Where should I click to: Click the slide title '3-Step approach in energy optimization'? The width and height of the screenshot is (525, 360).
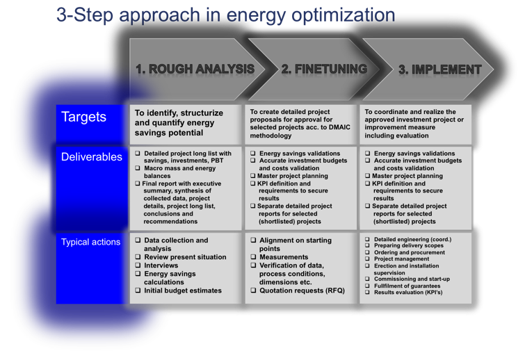[226, 15]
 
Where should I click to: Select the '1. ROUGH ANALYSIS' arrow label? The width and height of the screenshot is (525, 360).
[195, 69]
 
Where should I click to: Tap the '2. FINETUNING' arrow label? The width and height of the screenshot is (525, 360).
[324, 69]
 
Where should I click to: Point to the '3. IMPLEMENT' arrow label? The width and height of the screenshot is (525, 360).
[440, 69]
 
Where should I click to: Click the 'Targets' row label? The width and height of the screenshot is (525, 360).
[83, 117]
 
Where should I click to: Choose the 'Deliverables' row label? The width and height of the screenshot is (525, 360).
[92, 157]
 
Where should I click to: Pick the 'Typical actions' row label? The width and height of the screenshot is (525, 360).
[90, 242]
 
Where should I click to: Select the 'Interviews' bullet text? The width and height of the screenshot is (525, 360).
[161, 265]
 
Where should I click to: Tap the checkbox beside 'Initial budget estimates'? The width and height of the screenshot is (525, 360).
[138, 291]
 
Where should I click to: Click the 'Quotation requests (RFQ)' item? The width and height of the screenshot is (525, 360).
[302, 291]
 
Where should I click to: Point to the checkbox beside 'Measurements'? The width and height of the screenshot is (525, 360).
[253, 257]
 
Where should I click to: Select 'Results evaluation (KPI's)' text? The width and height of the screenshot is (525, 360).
[408, 292]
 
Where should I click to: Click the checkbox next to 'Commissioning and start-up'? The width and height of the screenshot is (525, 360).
[367, 279]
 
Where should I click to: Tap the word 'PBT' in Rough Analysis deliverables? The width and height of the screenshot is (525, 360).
[217, 161]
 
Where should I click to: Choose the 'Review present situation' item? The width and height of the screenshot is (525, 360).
[185, 257]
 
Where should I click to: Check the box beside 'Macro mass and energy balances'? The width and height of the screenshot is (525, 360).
[138, 168]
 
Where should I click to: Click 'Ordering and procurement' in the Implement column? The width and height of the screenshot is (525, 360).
[410, 252]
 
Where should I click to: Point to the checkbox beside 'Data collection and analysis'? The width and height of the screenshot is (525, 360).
[138, 240]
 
